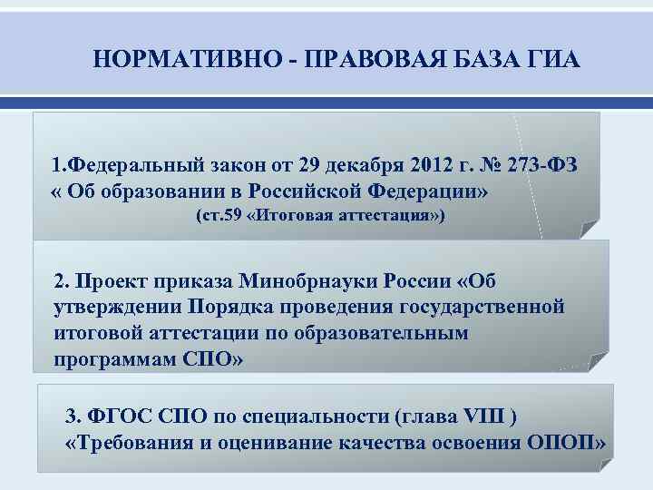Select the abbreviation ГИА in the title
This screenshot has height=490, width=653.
[x=532, y=60]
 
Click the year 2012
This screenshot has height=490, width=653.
[x=430, y=168]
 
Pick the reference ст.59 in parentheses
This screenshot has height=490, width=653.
[x=221, y=218]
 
